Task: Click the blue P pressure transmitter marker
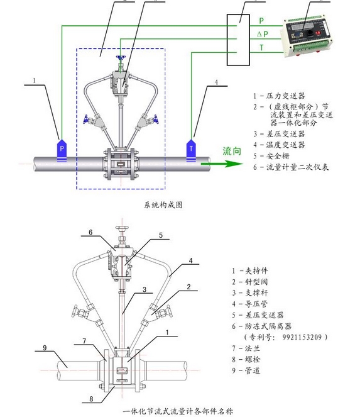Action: point(62,150)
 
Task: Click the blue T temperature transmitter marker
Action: point(191,150)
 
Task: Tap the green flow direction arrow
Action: point(222,164)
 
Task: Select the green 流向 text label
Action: point(232,151)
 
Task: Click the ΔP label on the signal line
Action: point(263,34)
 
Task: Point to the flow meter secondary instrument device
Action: point(307,37)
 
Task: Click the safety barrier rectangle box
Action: point(238,40)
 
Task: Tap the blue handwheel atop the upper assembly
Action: point(121,58)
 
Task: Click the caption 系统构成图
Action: point(163,205)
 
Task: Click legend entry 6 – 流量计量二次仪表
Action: point(291,167)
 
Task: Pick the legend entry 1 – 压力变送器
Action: point(279,96)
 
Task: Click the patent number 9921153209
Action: point(302,337)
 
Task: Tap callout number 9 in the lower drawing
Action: point(45,348)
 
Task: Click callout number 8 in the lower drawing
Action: point(91,399)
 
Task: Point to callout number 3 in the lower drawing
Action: point(145,289)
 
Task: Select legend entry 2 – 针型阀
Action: point(250,282)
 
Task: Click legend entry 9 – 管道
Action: point(246,370)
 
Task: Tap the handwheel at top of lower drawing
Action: point(122,228)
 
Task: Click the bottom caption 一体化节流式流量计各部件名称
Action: point(178,411)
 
